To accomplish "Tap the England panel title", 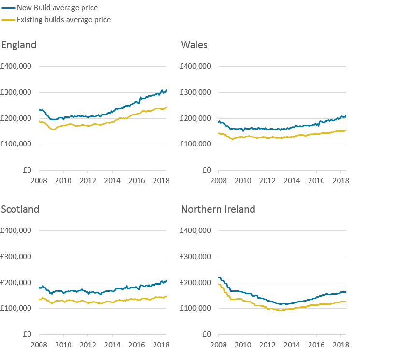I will click(x=19, y=45).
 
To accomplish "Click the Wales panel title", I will click(x=194, y=45).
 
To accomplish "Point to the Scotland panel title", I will click(x=20, y=209).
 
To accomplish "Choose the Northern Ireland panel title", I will click(x=218, y=209).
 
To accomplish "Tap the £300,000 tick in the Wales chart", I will click(x=196, y=93).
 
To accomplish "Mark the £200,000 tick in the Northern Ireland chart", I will click(x=196, y=283).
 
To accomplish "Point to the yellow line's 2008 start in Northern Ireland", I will click(x=219, y=284).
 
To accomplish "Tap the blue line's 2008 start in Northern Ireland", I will click(x=219, y=277).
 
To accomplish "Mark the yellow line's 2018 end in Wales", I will click(x=346, y=130).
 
